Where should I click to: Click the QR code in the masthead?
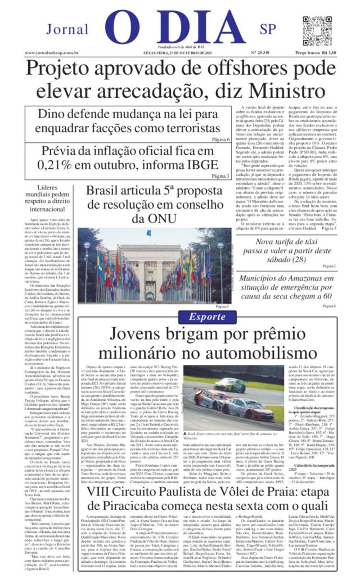(317, 31)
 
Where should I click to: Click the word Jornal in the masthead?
(67, 29)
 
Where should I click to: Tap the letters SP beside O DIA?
(268, 29)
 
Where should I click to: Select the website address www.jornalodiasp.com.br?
(51, 53)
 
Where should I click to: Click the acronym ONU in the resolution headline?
(154, 219)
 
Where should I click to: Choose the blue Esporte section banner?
(207, 317)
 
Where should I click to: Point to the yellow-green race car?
(230, 385)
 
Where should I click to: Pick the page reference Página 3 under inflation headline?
(220, 176)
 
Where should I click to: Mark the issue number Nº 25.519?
(260, 53)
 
